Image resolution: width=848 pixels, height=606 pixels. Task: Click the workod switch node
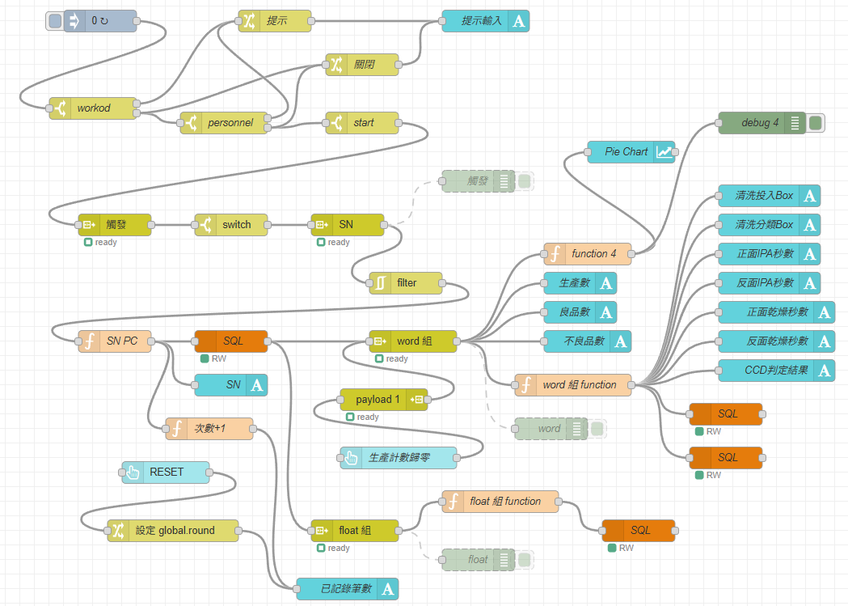point(94,108)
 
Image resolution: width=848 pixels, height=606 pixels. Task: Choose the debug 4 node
point(761,123)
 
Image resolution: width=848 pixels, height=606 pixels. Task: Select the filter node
point(407,283)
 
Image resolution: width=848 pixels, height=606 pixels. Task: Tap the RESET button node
point(166,473)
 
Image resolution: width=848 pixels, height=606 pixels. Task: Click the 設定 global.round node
point(173,531)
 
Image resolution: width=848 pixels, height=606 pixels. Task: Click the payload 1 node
point(378,400)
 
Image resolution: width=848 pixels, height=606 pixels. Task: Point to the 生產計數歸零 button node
point(398,458)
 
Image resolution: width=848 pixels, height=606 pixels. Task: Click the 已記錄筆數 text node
point(348,589)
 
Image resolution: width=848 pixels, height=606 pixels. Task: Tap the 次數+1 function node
point(209,429)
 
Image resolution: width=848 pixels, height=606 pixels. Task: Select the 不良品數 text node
point(587,341)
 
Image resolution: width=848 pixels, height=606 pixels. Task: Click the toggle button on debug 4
point(816,123)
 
